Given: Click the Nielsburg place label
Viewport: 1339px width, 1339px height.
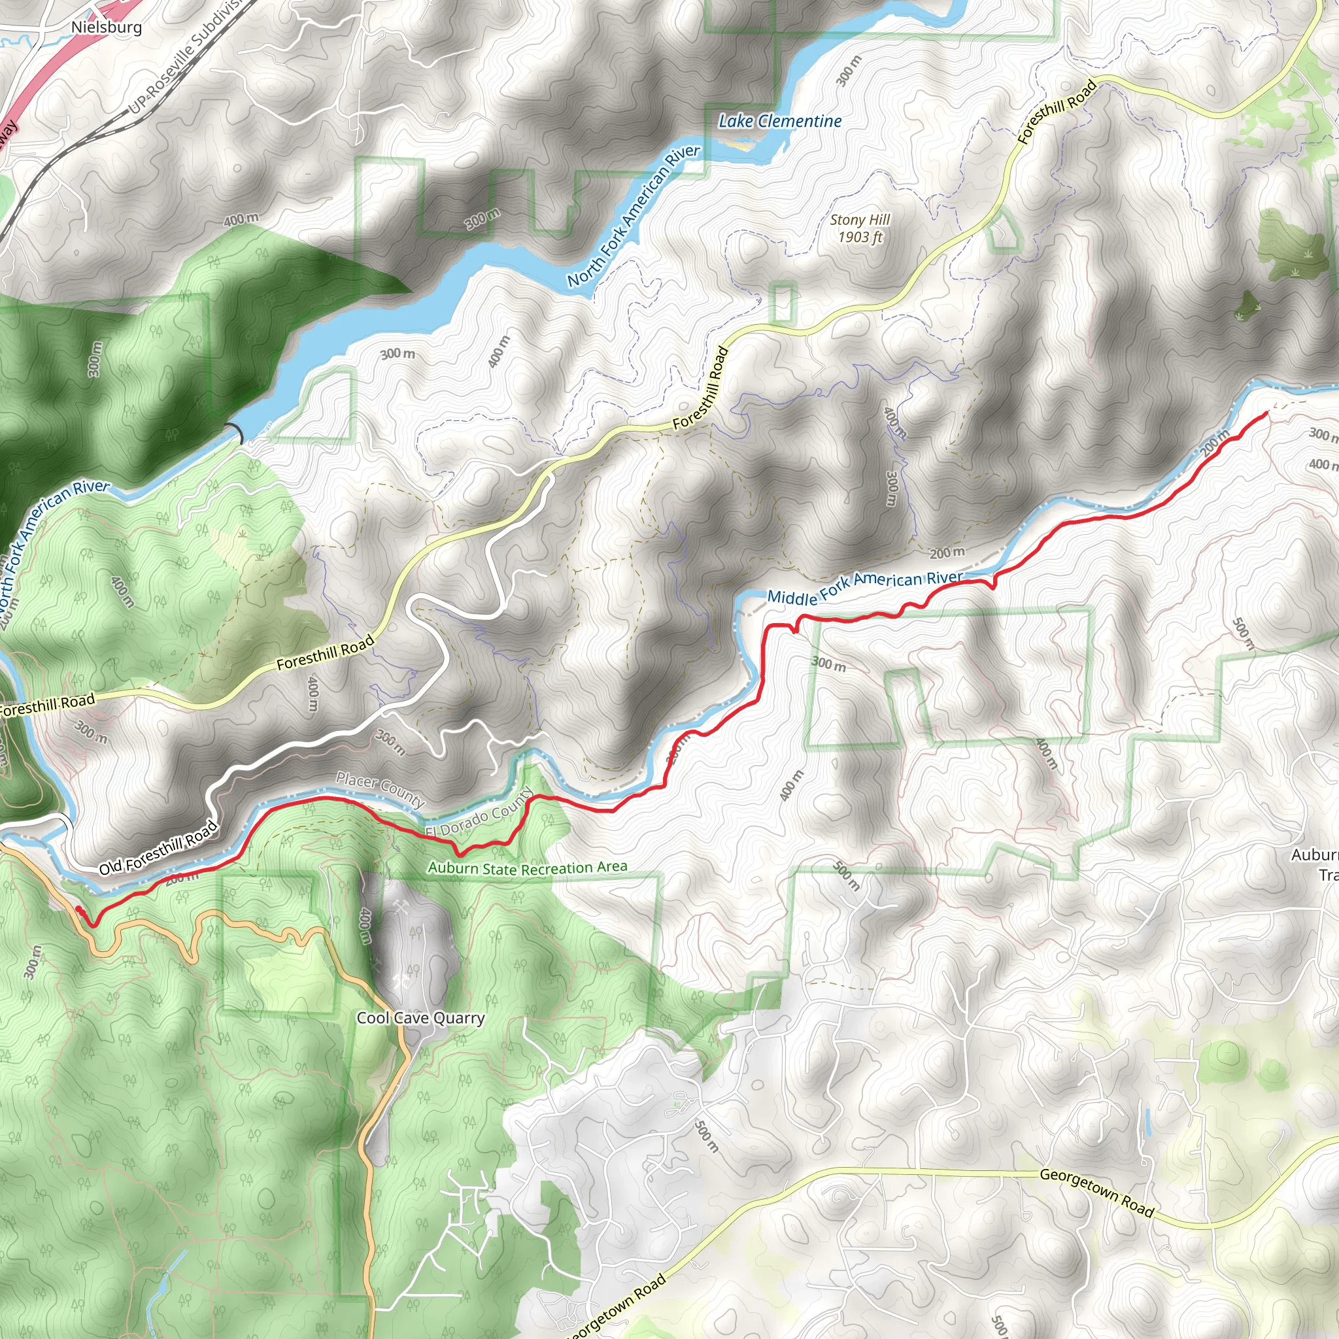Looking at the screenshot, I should coord(107,27).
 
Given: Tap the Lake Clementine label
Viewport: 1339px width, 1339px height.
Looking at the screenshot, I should coord(780,122).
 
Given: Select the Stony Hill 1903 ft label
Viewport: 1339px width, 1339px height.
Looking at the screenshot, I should coord(860,229).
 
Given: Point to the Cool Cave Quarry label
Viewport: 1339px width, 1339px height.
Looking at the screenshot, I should coord(420,1018).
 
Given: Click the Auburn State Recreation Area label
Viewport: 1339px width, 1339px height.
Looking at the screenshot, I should coord(528,868).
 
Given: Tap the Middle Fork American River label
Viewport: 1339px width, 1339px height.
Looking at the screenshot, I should coord(865,586).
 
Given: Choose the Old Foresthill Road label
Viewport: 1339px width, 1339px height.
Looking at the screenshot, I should coord(158,846).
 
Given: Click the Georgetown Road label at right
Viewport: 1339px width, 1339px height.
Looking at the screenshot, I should coord(1096,1193).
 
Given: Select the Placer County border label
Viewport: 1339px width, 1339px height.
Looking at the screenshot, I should coord(380,789).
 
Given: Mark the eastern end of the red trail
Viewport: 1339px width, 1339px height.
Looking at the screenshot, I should coord(1267,414).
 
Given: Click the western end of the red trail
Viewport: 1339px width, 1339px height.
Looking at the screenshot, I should coord(78,909).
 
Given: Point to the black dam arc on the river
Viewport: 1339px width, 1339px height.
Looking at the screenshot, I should coord(235,432).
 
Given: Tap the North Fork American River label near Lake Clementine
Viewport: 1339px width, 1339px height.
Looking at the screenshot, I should coord(634,216).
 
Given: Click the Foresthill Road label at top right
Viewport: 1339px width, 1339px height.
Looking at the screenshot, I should coord(1057,112).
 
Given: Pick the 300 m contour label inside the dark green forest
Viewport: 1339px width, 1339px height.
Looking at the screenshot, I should coord(95,359).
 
